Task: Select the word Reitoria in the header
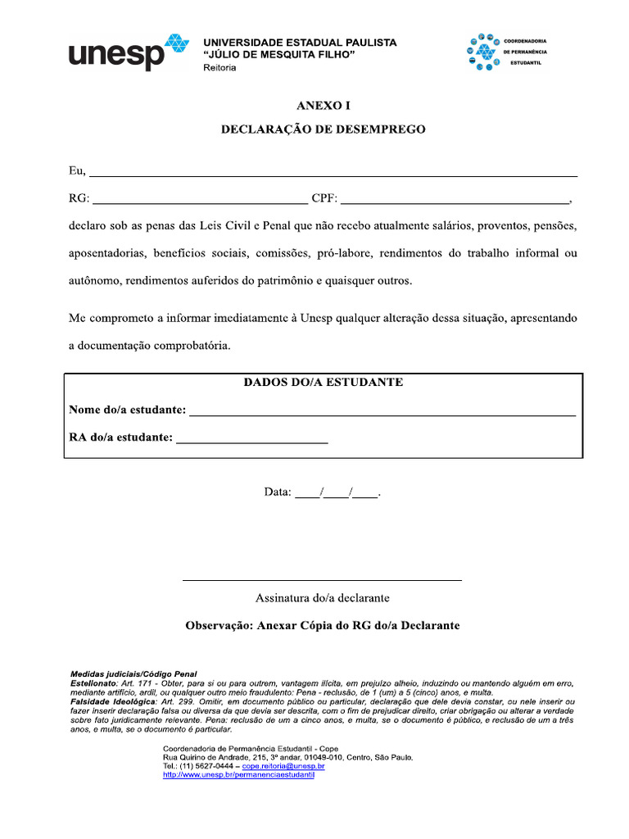click(x=219, y=67)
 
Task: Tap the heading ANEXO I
click(x=323, y=106)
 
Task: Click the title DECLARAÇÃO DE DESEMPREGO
click(x=323, y=129)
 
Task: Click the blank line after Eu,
click(x=333, y=175)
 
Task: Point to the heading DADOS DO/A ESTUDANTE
click(x=323, y=383)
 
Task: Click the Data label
click(x=277, y=492)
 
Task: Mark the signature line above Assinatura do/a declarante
click(x=322, y=580)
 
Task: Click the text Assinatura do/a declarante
click(x=322, y=598)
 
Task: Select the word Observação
click(x=219, y=625)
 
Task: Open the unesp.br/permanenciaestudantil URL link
click(x=239, y=774)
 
